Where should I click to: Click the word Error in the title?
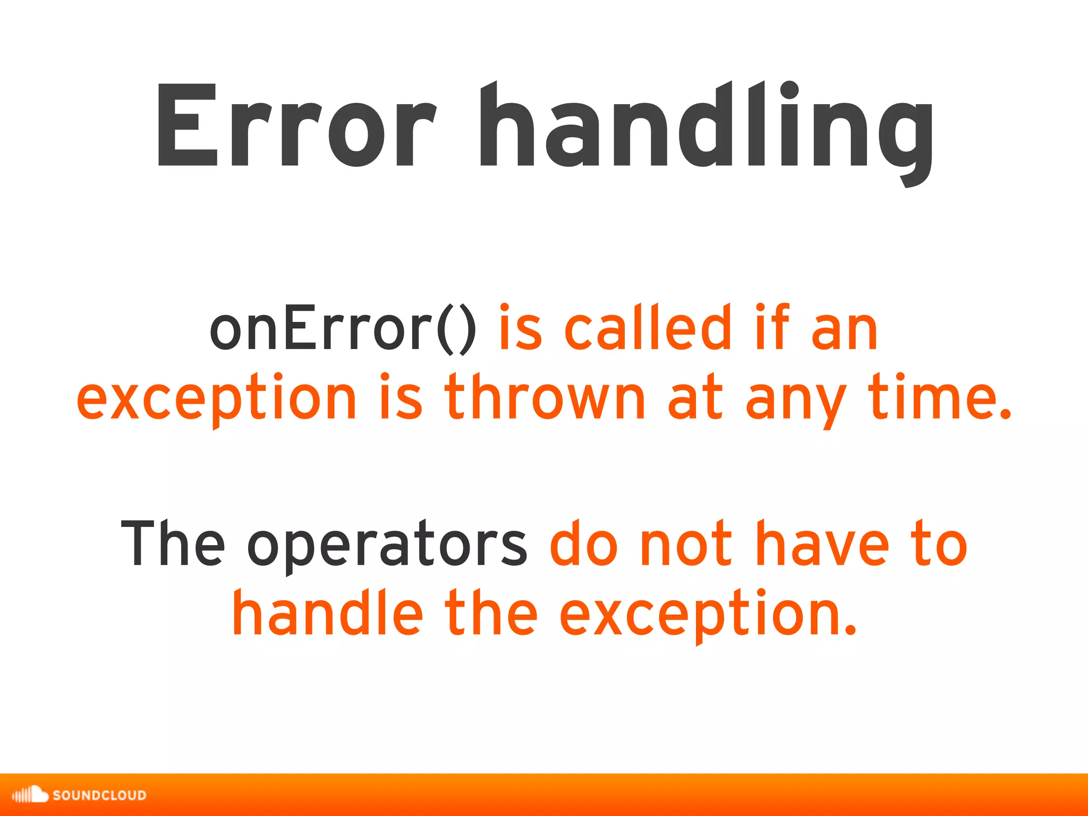[295, 127]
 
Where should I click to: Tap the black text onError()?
[343, 329]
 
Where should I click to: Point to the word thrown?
[545, 397]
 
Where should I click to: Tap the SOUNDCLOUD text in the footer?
[99, 795]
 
